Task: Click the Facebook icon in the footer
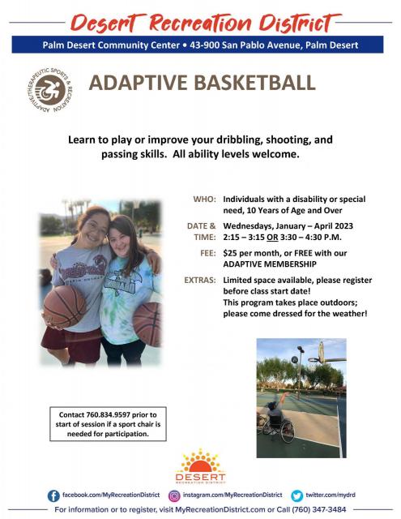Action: (53, 495)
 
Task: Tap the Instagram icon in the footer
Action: (174, 495)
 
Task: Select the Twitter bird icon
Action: (296, 495)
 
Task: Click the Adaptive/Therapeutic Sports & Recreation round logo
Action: (50, 90)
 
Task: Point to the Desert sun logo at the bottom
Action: (200, 466)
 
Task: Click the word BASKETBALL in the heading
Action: (254, 83)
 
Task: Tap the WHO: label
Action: (205, 199)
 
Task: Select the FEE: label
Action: (208, 253)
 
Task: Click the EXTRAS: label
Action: (200, 281)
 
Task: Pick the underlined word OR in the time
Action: (272, 238)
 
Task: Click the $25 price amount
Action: (230, 253)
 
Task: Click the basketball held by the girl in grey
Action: (65, 307)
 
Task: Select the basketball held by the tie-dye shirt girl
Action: (147, 324)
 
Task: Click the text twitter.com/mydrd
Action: (331, 495)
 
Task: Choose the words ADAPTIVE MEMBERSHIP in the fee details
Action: (270, 264)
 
